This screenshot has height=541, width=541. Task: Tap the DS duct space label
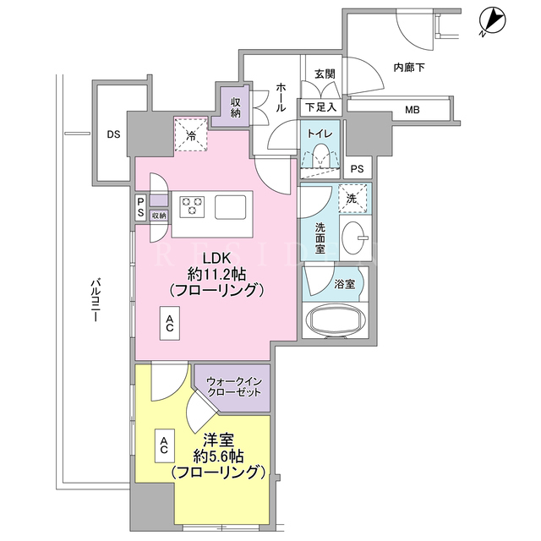pos(113,134)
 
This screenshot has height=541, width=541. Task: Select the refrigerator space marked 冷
pos(191,134)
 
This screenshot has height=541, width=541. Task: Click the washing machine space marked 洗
pos(352,199)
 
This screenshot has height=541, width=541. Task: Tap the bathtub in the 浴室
pos(336,320)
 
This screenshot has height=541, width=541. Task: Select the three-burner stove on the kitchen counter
pos(192,206)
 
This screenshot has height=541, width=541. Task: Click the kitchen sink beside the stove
pos(231,207)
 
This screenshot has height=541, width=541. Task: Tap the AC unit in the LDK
pos(169,323)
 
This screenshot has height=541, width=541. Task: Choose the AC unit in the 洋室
pos(164,445)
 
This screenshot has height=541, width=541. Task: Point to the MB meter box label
pos(413,110)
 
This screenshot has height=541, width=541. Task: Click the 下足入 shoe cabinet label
pos(320,107)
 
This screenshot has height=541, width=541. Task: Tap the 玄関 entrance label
pos(325,74)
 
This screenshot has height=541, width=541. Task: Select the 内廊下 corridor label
pos(409,68)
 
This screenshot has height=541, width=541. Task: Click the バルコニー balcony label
pos(96,300)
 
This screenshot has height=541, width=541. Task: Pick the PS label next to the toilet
pos(357,169)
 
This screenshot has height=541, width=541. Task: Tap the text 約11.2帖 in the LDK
pos(216,274)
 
